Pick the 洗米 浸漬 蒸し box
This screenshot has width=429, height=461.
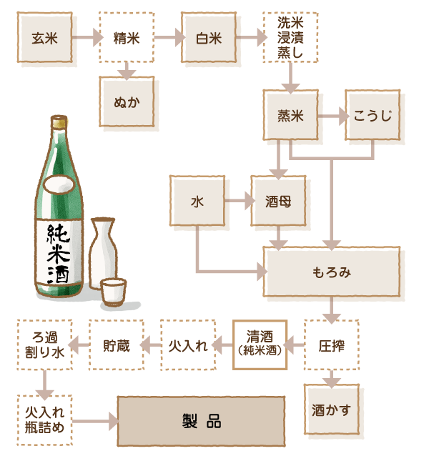pos(290,37)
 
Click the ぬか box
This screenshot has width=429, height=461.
pos(127,101)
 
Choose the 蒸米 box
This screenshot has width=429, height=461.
pos(290,115)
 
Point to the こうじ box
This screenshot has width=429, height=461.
pos(372,115)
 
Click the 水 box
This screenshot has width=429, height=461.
pos(197,202)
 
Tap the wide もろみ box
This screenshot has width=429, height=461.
pos(330,272)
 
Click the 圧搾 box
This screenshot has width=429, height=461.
pos(330,344)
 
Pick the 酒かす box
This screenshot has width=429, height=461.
pos(330,410)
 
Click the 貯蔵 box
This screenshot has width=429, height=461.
pos(116,344)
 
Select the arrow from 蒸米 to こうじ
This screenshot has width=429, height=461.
pos(331,115)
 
